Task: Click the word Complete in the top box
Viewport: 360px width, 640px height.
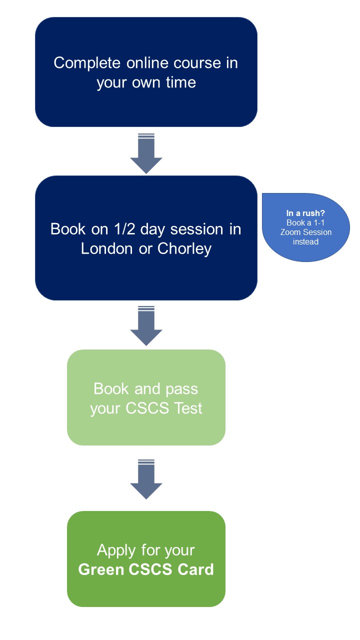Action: pos(87,63)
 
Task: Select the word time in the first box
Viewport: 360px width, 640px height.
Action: pos(181,82)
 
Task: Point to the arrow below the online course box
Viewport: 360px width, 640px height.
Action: pos(146,153)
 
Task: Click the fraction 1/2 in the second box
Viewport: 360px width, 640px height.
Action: pos(124,229)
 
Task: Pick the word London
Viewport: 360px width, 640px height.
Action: pos(107,248)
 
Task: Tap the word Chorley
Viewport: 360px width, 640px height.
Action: pos(184,249)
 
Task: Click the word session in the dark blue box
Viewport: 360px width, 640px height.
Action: pos(197,229)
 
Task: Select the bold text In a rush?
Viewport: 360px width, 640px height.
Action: pos(305,213)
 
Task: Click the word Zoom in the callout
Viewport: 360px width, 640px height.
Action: pos(290,232)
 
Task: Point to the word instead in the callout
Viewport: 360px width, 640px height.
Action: pos(305,241)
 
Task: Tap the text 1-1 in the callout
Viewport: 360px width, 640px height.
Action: pos(319,222)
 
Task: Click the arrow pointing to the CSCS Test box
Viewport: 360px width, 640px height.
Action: pos(146,325)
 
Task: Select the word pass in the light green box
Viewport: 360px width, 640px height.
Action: pos(181,389)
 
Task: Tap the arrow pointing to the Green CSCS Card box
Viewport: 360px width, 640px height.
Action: pos(146,479)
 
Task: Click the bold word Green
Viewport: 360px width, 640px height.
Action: pos(101,569)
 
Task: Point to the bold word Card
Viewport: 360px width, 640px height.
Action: pos(195,569)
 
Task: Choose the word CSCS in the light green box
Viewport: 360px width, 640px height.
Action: pos(147,408)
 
